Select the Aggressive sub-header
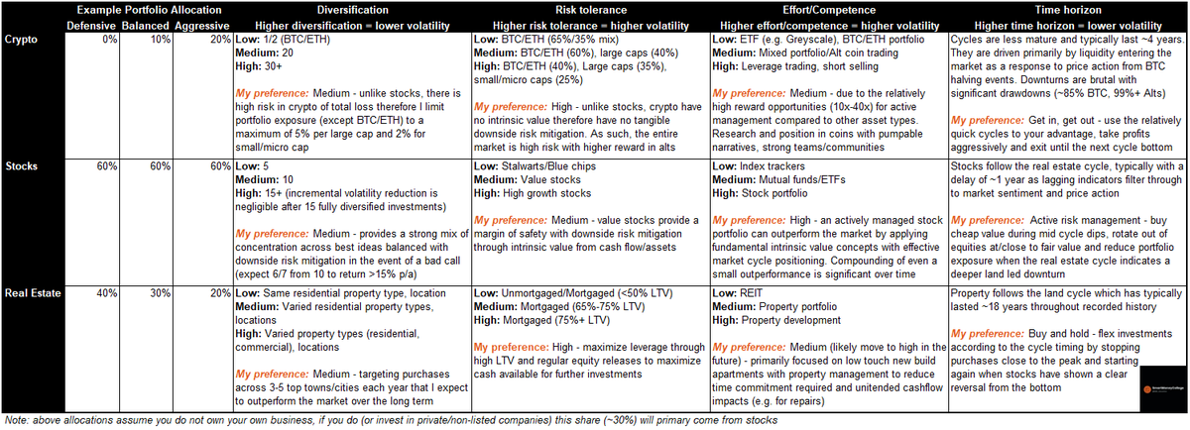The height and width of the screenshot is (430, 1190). [202, 24]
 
